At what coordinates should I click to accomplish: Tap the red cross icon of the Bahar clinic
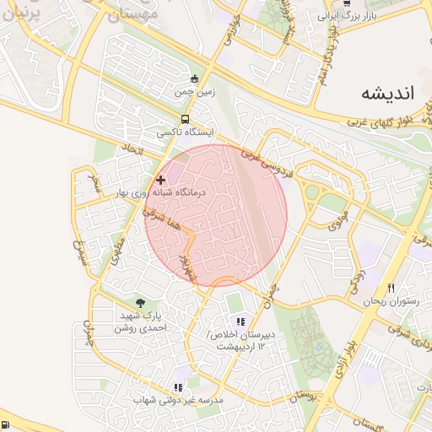coord(161,180)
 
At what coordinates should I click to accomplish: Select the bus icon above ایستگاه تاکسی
coord(185,120)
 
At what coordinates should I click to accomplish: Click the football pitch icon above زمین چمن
coord(195,78)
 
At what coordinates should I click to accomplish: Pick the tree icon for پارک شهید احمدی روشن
coord(139,303)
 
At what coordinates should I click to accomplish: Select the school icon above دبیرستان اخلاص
coord(240,321)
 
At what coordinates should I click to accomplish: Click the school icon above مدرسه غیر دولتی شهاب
coord(179,385)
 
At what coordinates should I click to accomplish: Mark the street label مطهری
coord(118,246)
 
